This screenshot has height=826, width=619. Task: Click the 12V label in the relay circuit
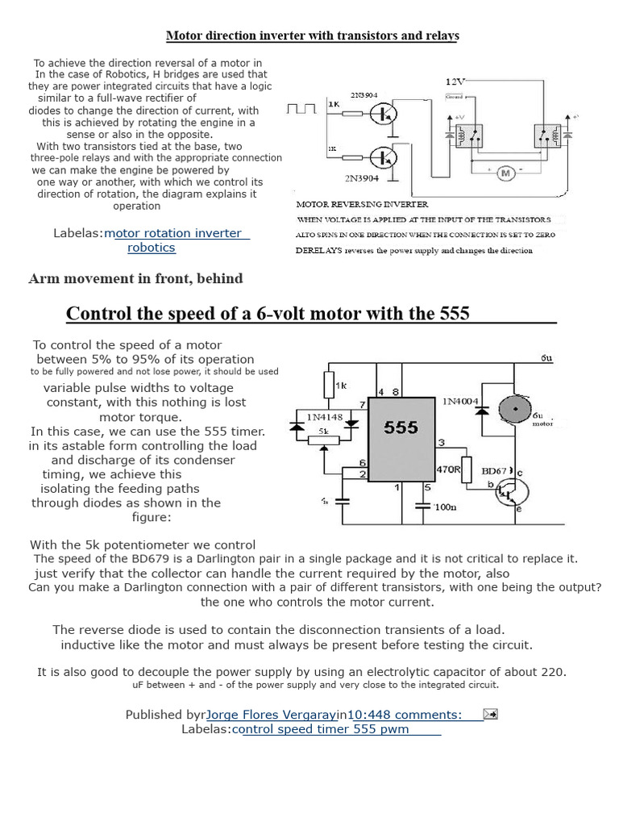456,81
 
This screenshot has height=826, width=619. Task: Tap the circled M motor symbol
505,172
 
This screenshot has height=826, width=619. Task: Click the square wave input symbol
304,108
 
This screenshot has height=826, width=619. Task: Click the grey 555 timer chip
401,436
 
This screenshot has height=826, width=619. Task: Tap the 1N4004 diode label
459,400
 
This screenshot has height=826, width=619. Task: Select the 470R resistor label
448,469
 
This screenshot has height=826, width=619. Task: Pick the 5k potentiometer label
324,432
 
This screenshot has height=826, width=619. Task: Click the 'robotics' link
151,248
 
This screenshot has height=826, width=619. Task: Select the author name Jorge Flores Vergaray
271,714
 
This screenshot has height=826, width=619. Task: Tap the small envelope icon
490,713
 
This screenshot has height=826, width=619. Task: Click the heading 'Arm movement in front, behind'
135,278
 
